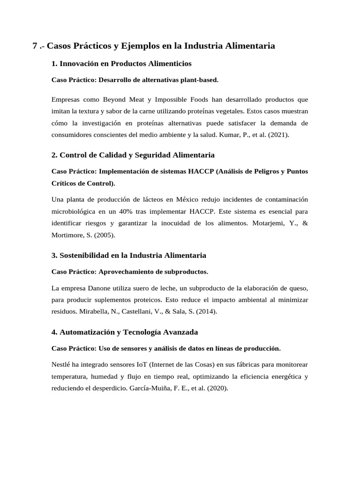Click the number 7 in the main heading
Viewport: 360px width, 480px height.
[35, 46]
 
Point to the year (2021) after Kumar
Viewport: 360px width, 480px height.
[278, 135]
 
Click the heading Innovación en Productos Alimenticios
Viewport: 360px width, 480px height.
[126, 63]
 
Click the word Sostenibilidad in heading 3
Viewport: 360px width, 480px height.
[87, 255]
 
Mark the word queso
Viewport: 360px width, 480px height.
[298, 287]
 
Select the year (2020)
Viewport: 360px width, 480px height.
[217, 388]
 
